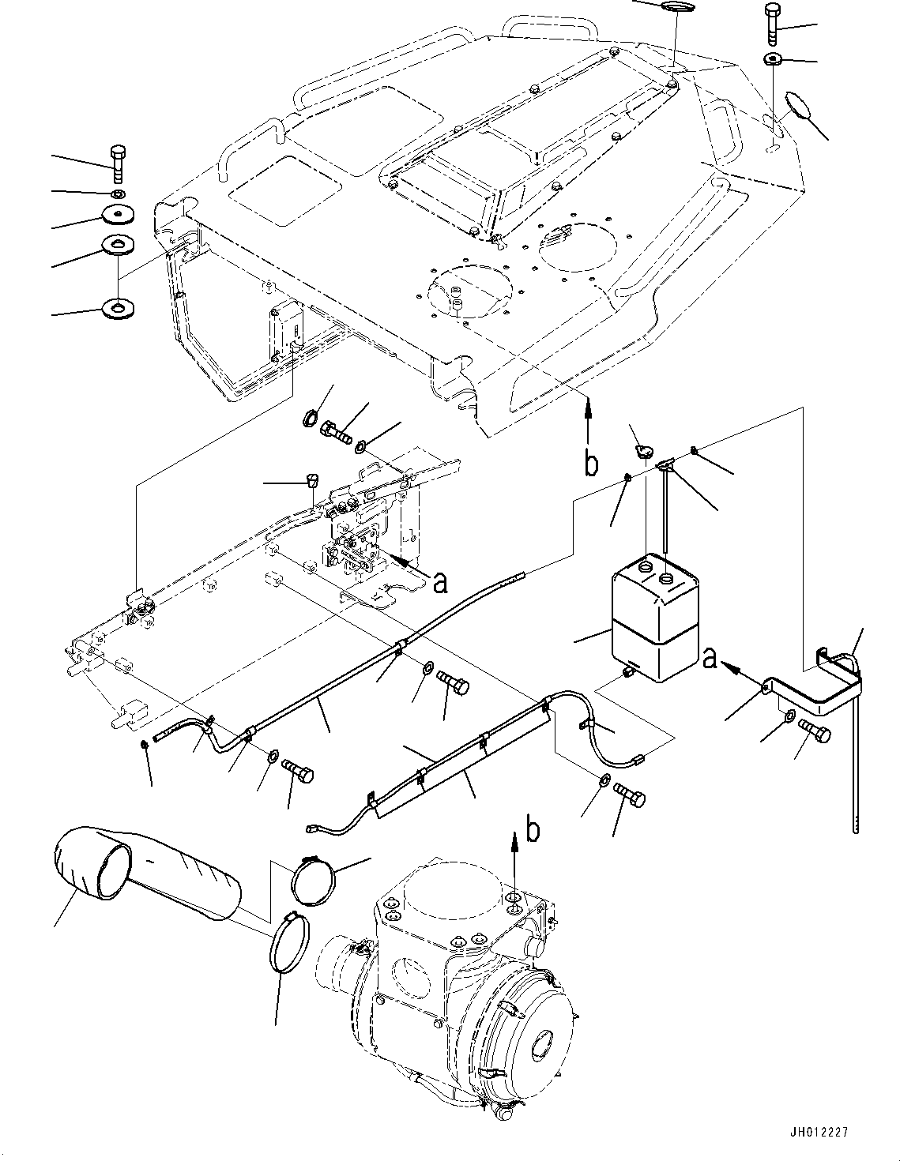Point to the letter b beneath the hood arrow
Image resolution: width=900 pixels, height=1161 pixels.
(x=590, y=464)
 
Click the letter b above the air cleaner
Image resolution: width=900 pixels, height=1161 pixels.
(x=535, y=830)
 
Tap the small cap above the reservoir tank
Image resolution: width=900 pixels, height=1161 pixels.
(x=641, y=452)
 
